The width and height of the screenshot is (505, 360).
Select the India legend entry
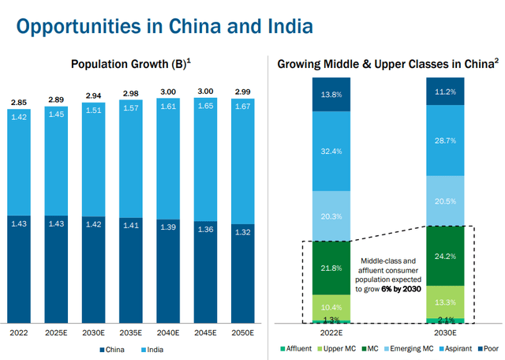[151, 350]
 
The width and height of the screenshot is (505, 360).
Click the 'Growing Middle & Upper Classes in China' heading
[386, 64]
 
